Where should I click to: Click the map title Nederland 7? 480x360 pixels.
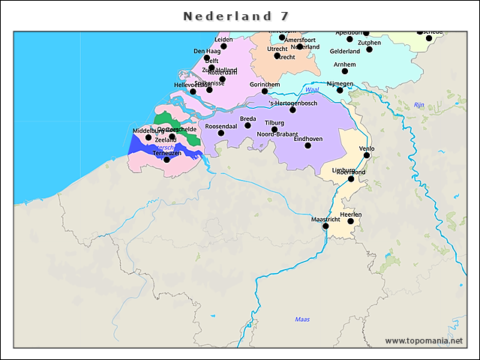(236, 16)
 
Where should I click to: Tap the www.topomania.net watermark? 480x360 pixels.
(424, 340)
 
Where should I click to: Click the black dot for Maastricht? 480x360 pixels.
(325, 226)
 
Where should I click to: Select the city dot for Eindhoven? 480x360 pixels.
(307, 145)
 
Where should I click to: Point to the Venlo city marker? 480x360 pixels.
(367, 155)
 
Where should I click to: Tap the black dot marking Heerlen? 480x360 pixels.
(350, 221)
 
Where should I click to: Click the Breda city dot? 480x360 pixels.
(247, 125)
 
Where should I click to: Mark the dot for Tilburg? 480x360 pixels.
(274, 129)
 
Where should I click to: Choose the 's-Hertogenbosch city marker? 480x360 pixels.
(293, 109)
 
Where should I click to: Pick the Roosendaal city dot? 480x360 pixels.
(220, 133)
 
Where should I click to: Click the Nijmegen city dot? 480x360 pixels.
(340, 90)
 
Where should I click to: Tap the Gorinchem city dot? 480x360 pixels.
(264, 91)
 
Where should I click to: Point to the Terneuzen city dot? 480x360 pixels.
(166, 159)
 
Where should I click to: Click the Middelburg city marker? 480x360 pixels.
(148, 137)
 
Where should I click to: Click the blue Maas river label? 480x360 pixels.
(302, 319)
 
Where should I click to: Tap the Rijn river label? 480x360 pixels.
(419, 105)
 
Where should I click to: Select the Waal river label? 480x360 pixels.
(313, 89)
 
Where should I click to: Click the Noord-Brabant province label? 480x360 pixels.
(278, 134)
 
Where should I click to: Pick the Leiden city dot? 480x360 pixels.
(223, 46)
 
